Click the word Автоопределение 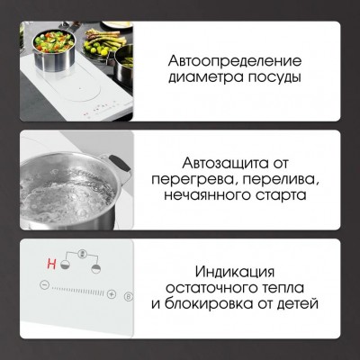click(x=233, y=60)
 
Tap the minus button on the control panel click(x=40, y=289)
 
